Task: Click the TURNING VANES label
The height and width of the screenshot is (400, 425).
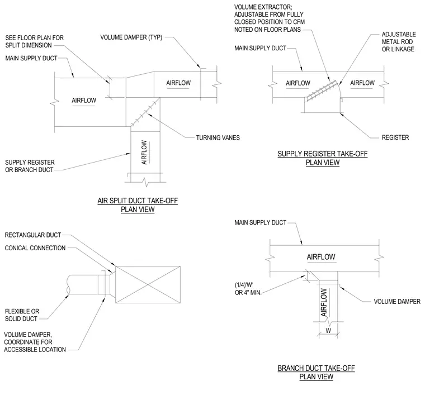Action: (x=218, y=138)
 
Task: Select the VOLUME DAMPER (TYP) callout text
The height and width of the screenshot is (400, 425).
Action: (x=131, y=37)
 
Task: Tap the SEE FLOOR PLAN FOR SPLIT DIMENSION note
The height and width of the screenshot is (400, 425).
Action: (x=35, y=41)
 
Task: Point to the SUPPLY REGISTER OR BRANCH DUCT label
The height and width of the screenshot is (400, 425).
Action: (x=30, y=166)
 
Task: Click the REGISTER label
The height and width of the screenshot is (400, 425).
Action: (x=395, y=137)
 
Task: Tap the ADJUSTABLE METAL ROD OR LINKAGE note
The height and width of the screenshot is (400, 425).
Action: (x=398, y=42)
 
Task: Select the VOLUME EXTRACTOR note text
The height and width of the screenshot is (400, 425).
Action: (x=270, y=18)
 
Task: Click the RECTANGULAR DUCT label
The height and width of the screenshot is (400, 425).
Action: (x=33, y=235)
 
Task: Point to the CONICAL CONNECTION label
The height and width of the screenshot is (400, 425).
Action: (x=35, y=248)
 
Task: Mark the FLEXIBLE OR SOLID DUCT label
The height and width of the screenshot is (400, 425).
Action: (x=22, y=315)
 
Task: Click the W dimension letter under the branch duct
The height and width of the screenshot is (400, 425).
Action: (x=328, y=331)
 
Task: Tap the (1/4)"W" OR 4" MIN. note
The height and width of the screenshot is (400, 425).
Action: (x=248, y=289)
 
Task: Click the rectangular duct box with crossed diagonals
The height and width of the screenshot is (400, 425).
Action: (x=148, y=284)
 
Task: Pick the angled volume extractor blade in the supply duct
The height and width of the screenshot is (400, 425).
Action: (x=322, y=91)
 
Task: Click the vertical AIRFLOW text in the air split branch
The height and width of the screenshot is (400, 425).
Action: (x=144, y=152)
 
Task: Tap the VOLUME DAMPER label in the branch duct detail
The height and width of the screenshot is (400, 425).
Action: (x=397, y=302)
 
